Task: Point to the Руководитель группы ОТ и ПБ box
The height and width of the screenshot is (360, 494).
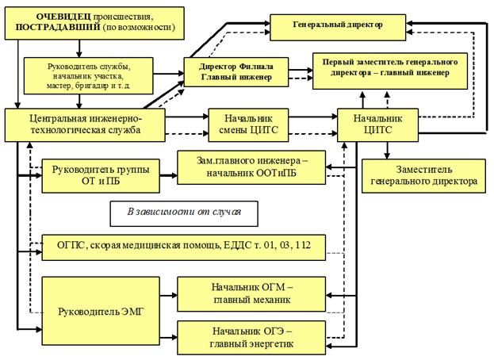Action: pyautogui.click(x=99, y=175)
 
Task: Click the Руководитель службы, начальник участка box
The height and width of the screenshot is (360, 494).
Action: pyautogui.click(x=96, y=74)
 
